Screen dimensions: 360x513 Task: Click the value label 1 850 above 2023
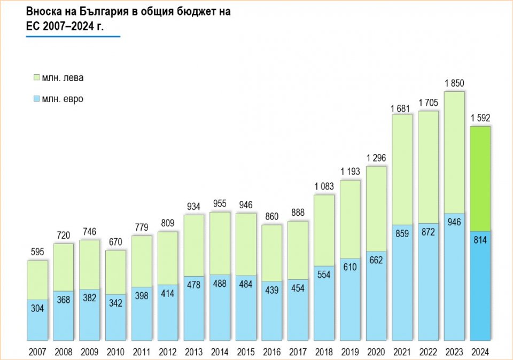coord(454,83)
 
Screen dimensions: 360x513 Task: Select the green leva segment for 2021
coord(402,169)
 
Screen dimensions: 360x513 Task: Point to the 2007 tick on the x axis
coord(37,352)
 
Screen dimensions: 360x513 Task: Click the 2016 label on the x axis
coord(272,352)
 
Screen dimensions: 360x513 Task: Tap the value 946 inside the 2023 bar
coord(454,221)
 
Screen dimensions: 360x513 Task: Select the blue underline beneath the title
coord(73,36)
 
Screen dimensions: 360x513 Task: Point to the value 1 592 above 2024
coord(480,118)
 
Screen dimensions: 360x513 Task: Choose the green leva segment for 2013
coord(193,245)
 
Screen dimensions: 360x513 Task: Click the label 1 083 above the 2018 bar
coord(324,187)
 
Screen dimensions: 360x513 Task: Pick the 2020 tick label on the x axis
coord(376,352)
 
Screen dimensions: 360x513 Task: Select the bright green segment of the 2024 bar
coord(480,178)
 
